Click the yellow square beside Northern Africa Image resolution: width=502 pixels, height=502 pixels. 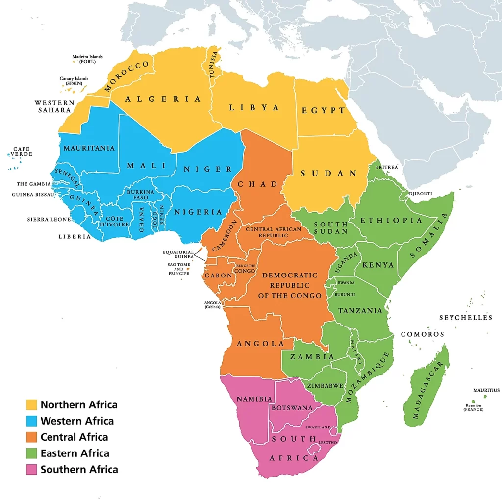[x=31, y=404]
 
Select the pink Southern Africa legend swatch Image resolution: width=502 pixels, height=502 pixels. [x=31, y=469]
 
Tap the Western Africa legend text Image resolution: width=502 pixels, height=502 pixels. [x=77, y=421]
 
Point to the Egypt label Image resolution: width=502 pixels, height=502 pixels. [x=324, y=110]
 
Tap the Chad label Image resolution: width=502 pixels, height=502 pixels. [x=258, y=184]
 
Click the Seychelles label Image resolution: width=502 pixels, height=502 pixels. [x=465, y=318]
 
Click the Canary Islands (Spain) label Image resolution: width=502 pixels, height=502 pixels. [x=74, y=81]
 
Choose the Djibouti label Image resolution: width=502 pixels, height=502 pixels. [x=421, y=194]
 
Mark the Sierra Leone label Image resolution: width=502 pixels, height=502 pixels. [x=49, y=219]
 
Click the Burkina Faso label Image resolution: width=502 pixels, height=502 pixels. [x=141, y=195]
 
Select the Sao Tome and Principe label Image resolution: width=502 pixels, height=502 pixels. [x=178, y=269]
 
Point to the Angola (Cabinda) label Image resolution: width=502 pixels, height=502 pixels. [x=212, y=304]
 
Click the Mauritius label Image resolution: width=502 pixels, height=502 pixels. [x=486, y=390]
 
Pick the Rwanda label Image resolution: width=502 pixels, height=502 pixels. [x=346, y=283]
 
